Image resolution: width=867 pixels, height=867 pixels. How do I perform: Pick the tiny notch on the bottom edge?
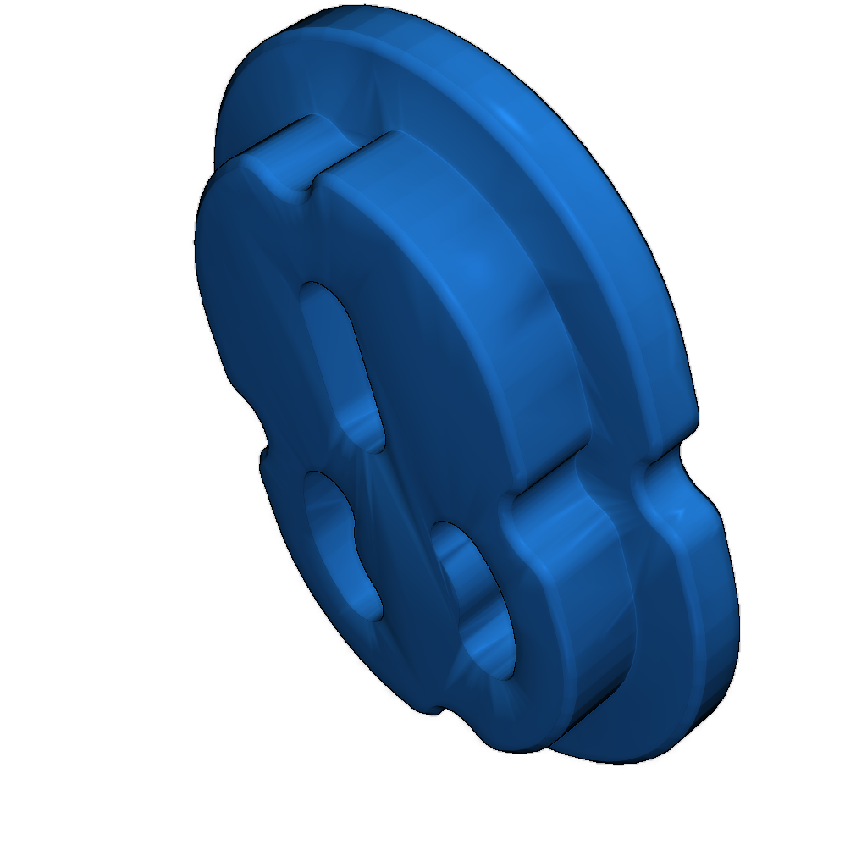432,710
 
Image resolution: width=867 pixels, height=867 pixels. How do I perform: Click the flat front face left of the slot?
254,322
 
